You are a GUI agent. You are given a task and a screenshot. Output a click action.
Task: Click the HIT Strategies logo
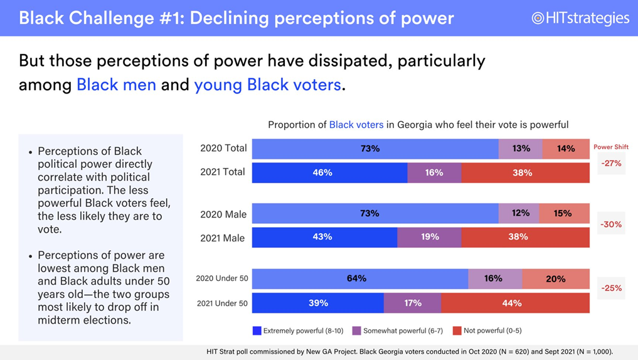580,18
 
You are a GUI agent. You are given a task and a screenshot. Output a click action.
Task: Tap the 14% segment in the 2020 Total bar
565,149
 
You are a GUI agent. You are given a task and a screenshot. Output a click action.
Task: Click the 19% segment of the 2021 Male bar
429,237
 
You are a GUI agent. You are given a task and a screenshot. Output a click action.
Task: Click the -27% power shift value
610,163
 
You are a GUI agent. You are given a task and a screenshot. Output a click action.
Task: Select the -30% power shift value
610,224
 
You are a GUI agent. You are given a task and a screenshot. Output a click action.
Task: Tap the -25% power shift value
610,289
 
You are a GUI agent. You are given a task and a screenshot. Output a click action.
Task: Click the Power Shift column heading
610,147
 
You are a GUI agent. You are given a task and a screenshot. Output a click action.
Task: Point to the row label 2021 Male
223,238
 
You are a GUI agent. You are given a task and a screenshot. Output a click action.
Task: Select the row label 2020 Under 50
221,278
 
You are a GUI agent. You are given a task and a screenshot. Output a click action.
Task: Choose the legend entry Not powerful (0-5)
487,331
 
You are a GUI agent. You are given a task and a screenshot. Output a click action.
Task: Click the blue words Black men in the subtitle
116,85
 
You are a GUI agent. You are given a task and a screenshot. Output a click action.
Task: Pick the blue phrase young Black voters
267,85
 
